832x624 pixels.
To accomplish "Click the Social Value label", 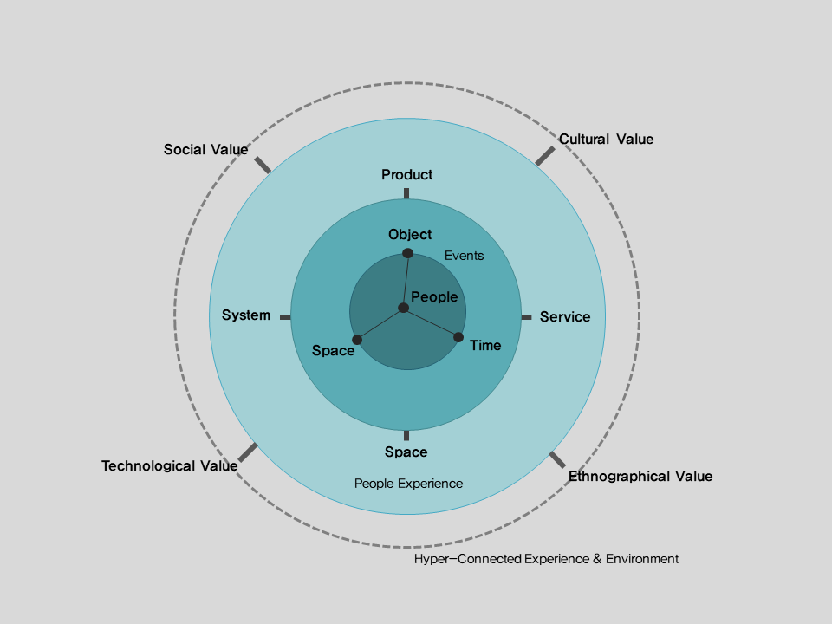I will pos(205,150).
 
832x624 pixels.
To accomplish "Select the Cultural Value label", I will pos(606,140).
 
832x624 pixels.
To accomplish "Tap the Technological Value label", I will pos(169,466).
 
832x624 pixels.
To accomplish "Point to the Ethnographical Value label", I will pos(640,477).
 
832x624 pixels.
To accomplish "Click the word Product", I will pos(406,175).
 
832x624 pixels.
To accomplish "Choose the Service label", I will pos(564,317).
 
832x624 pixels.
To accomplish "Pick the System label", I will pos(246,315).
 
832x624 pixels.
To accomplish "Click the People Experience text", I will pos(408,484).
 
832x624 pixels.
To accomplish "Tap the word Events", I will pos(464,256).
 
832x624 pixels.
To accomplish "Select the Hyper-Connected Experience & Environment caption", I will pos(546,559).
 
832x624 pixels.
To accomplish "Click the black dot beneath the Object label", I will pos(407,253).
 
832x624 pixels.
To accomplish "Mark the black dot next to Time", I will pos(458,337).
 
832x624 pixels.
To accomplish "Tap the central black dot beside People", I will pos(403,308).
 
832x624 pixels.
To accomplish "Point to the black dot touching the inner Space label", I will pos(357,339).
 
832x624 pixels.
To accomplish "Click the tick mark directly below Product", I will pos(406,193).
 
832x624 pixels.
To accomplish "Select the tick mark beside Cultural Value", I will pos(544,156).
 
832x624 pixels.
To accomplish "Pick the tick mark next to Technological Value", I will pos(248,452).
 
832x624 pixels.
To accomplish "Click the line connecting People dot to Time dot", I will pos(431,322).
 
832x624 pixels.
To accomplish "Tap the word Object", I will pos(410,235).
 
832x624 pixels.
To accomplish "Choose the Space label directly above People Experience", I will pos(406,452).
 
